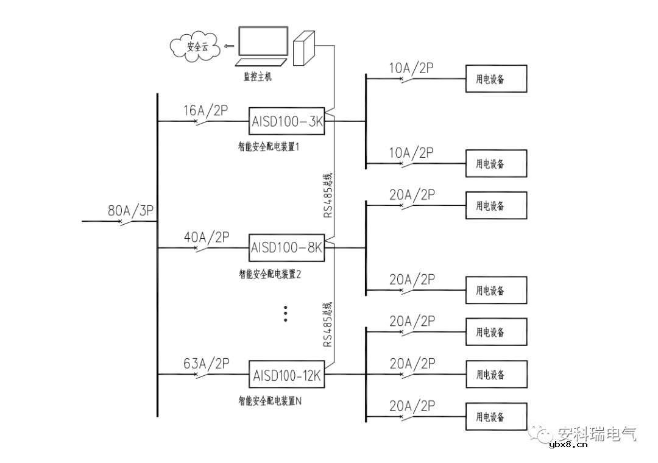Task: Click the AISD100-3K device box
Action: [x=287, y=121]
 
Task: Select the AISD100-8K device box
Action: [x=287, y=248]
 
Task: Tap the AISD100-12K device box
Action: [x=287, y=375]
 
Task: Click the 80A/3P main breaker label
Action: [x=132, y=211]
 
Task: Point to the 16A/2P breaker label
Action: [x=206, y=111]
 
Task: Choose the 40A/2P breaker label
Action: [x=206, y=238]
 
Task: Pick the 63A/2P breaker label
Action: [x=206, y=364]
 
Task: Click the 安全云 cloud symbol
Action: [x=196, y=46]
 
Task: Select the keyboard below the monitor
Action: [x=262, y=62]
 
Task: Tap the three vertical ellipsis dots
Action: [x=285, y=313]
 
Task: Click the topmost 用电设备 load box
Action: [x=496, y=79]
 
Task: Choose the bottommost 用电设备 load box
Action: [x=496, y=417]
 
